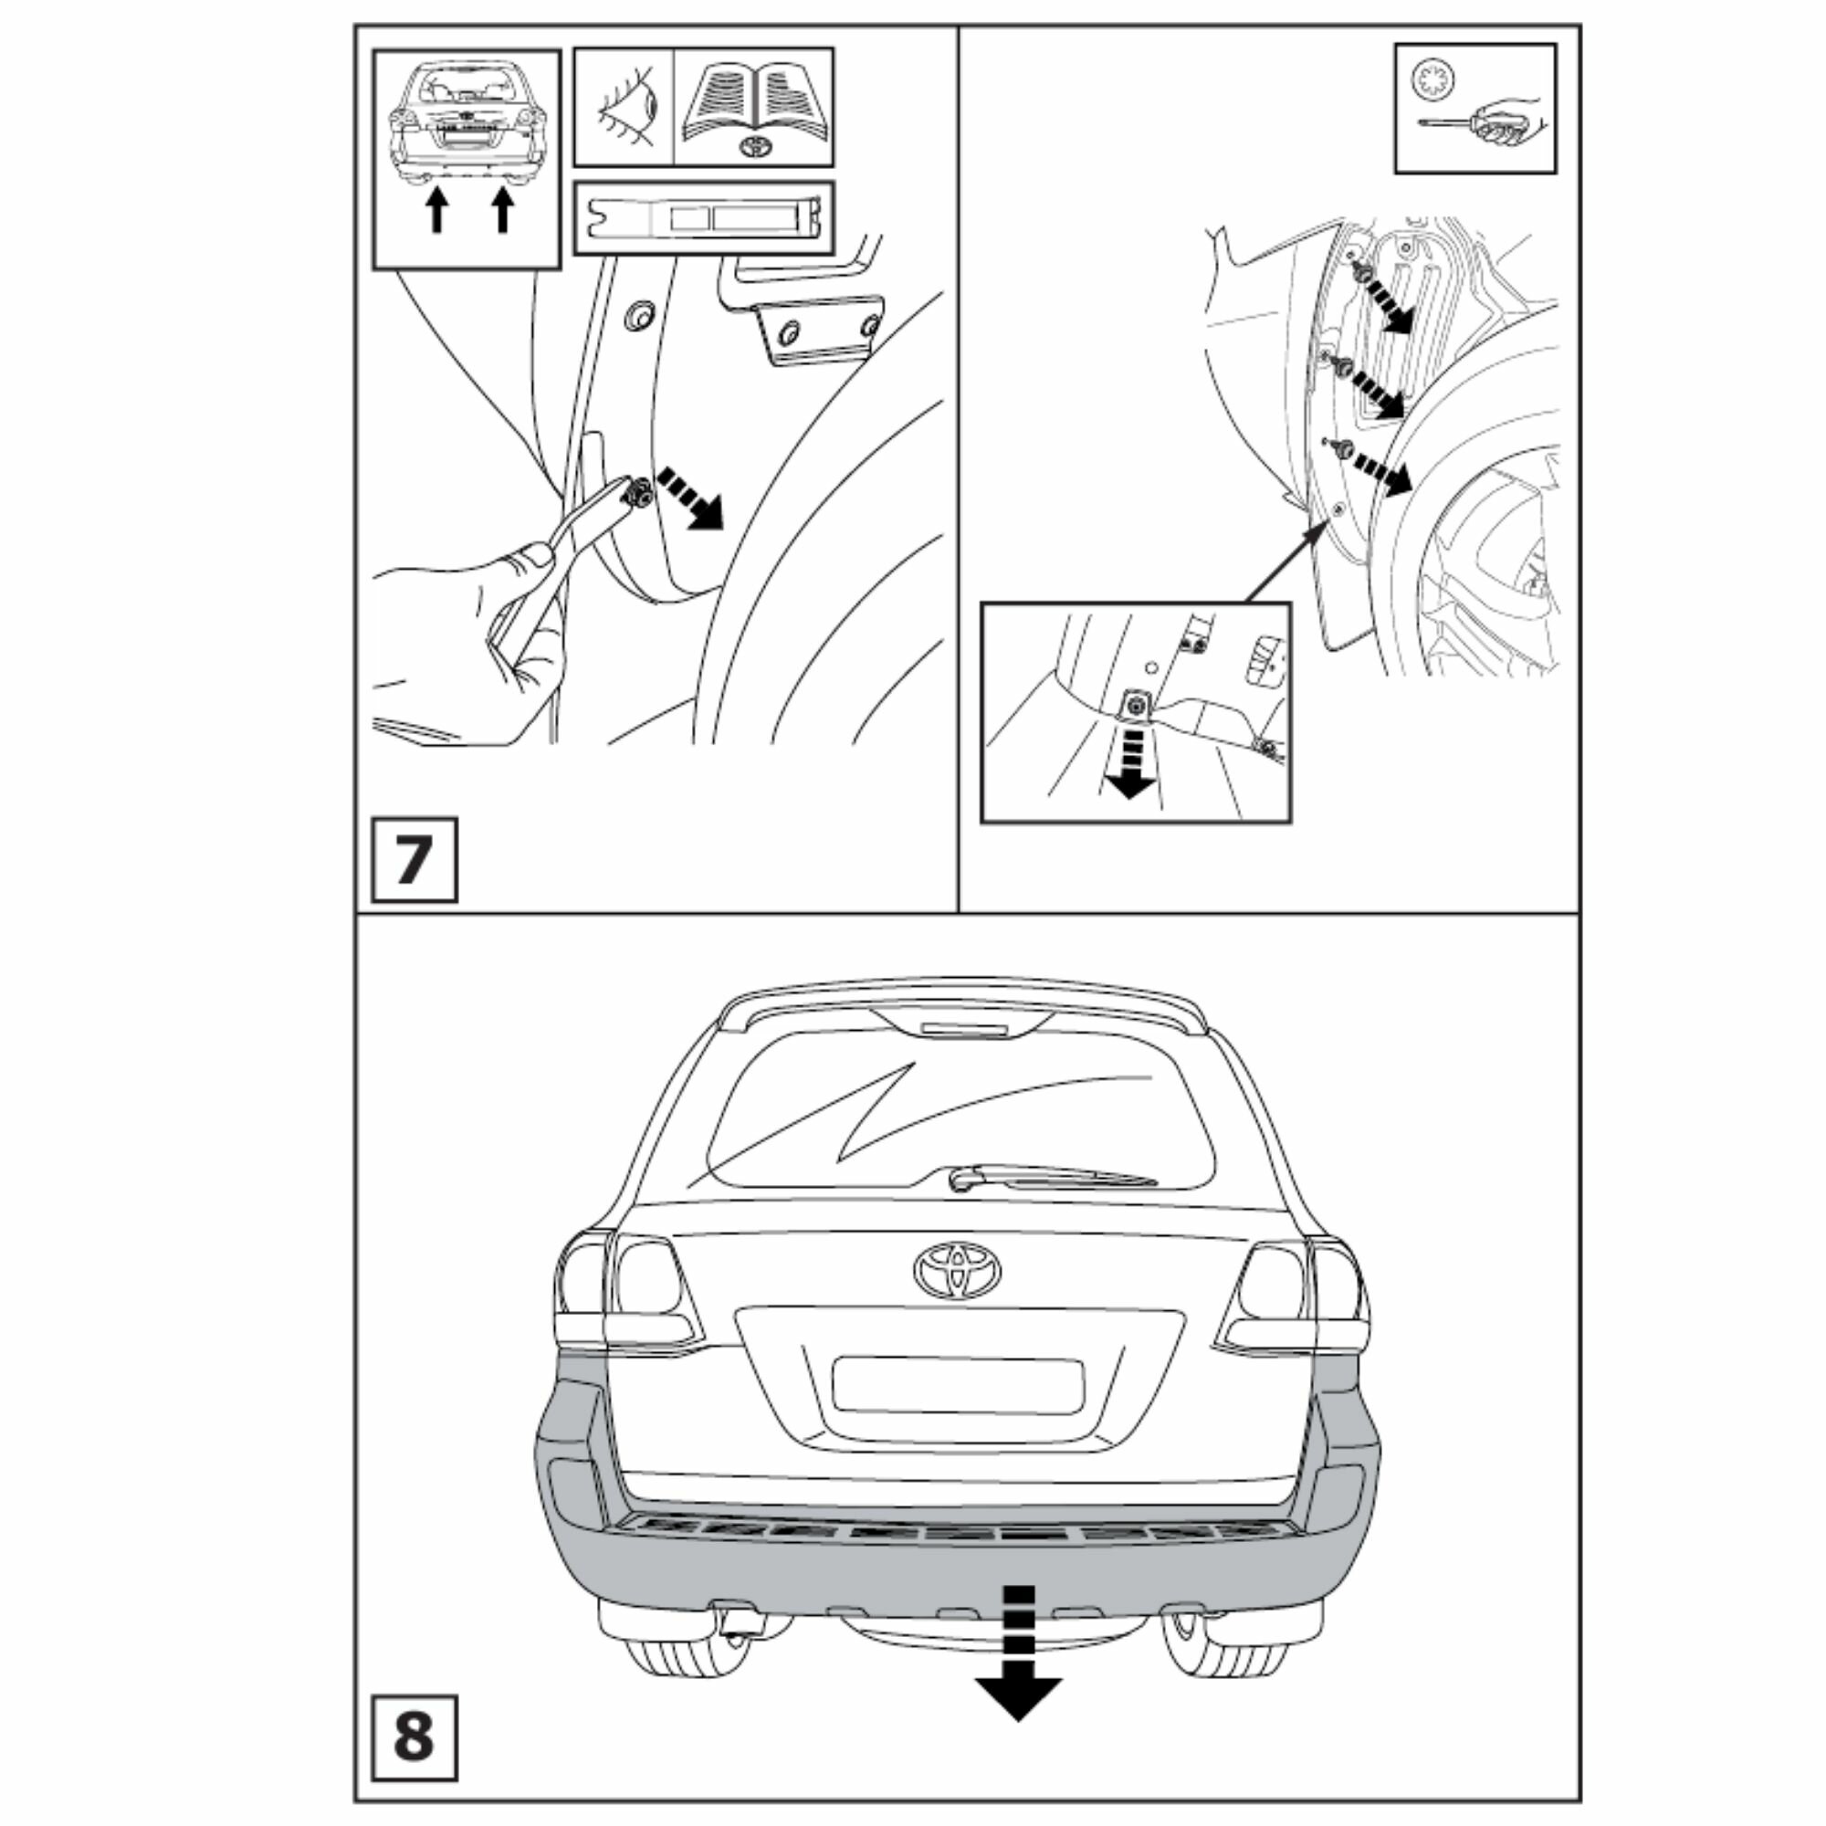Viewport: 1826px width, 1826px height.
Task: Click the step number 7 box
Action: [414, 859]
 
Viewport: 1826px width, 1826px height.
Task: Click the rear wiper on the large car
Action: [1049, 1176]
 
